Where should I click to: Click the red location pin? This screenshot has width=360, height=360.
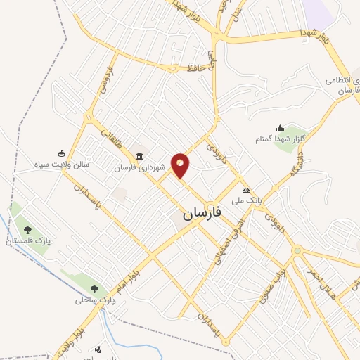click(x=181, y=165)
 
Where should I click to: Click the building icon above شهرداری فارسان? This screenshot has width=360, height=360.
click(x=140, y=156)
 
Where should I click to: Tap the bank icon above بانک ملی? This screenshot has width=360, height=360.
click(x=246, y=190)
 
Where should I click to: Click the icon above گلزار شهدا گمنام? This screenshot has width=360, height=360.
click(x=281, y=128)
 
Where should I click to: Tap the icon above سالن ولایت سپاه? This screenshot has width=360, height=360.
click(x=62, y=154)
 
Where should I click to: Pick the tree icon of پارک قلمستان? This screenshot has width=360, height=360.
click(x=27, y=230)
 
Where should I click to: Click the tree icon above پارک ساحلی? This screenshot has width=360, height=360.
click(x=94, y=288)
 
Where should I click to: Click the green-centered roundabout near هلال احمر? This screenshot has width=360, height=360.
click(x=298, y=251)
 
